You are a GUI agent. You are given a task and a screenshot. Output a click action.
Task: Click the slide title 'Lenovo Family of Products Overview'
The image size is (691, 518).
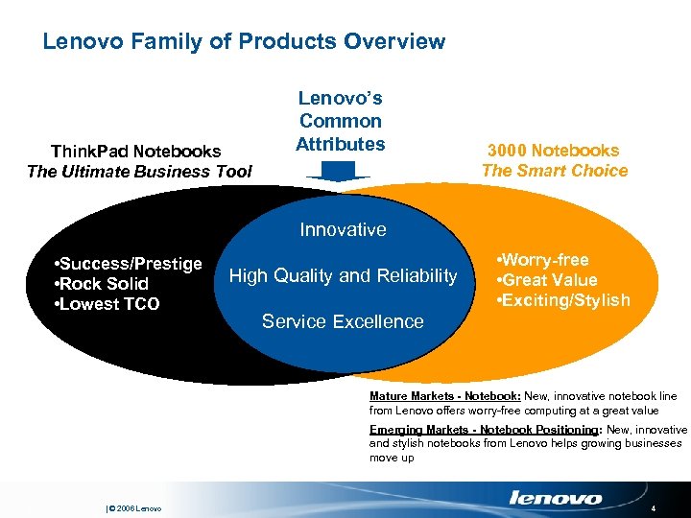244,41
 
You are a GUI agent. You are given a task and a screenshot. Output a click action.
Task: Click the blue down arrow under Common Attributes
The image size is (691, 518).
339,171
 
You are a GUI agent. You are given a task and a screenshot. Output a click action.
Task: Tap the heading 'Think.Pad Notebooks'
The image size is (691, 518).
135,151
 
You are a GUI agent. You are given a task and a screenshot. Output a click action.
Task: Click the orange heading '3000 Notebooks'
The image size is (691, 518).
553,150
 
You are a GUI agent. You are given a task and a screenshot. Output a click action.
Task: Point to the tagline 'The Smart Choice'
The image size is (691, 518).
555,171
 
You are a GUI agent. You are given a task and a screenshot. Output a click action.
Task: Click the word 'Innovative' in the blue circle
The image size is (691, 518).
343,229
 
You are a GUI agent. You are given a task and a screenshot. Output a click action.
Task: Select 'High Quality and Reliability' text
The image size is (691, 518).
343,276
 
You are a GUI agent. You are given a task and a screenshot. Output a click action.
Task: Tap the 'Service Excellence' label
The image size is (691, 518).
343,321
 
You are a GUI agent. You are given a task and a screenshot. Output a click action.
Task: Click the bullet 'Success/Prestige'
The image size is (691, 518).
130,263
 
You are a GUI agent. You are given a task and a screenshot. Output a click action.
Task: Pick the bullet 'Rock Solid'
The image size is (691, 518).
104,284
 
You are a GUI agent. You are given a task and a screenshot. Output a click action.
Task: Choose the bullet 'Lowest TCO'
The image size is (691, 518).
108,305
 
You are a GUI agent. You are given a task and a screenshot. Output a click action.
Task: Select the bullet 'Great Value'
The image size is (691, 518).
548,280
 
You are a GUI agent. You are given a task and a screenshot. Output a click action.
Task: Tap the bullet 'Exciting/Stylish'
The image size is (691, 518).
562,300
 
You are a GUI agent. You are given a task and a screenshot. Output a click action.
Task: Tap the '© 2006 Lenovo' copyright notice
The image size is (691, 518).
133,508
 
